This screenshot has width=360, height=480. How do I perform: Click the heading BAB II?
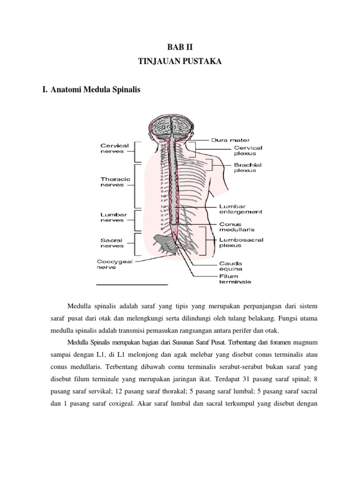(x=180, y=48)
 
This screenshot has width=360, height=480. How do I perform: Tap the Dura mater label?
(x=230, y=140)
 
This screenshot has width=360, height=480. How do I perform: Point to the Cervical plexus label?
(x=247, y=150)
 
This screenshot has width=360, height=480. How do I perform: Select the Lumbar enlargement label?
(x=240, y=209)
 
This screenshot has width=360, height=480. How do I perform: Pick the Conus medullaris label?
(x=236, y=227)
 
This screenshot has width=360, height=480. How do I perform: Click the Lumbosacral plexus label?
(x=241, y=242)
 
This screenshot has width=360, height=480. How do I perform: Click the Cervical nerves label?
(x=114, y=149)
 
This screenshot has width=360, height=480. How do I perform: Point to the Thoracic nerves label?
(x=114, y=182)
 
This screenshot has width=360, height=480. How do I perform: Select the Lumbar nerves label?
(x=112, y=217)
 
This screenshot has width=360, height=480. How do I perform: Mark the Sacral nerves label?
(x=112, y=243)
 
